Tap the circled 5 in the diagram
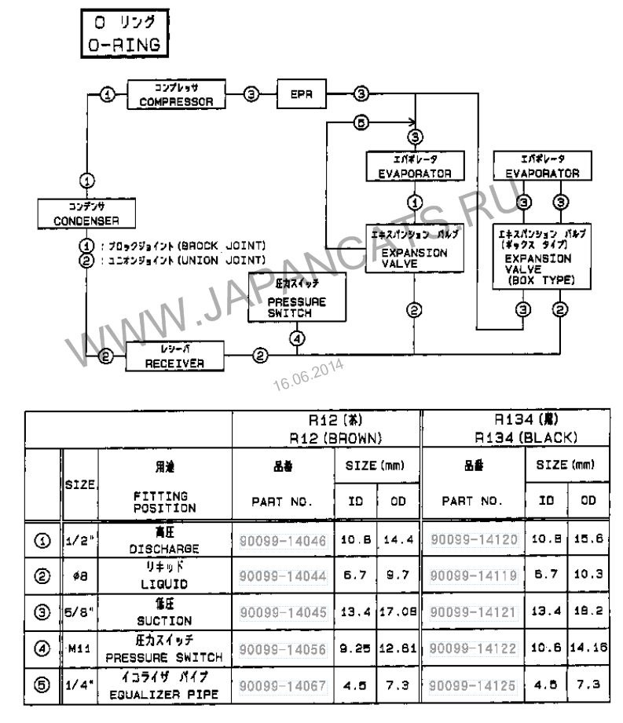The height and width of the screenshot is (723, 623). (x=361, y=123)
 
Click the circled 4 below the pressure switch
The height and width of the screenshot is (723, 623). (x=295, y=339)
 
